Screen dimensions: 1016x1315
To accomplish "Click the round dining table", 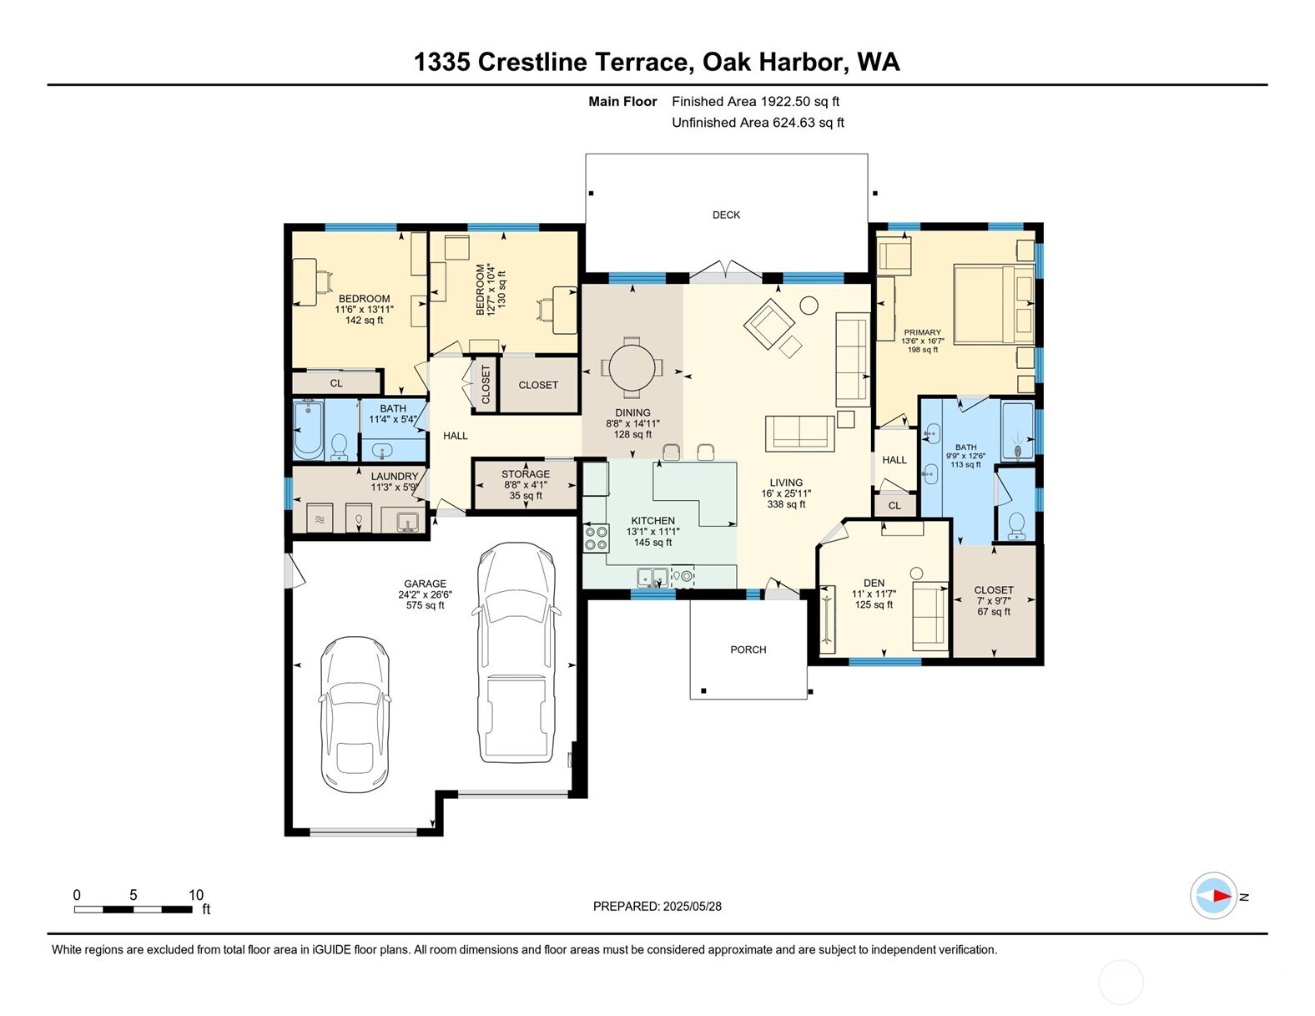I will [x=632, y=367].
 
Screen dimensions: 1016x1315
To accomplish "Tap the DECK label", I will [x=726, y=215].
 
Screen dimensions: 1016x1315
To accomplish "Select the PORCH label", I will [x=748, y=650].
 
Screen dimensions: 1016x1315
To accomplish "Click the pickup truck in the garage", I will [x=516, y=653].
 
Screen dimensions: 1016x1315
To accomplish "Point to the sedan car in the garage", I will [x=355, y=715].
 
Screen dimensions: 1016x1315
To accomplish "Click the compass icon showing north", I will [x=1213, y=896].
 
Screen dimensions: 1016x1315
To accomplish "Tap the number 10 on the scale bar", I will [x=196, y=895].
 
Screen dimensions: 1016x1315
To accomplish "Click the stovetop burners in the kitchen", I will [x=596, y=538].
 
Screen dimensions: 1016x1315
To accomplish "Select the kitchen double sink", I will [x=652, y=577].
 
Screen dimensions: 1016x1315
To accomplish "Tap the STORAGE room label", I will [x=526, y=474].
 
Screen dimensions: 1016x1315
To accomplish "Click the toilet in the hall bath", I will [x=340, y=447].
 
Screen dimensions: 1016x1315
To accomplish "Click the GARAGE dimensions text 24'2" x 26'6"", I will [x=425, y=595].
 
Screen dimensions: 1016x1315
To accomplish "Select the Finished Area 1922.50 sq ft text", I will [x=755, y=102].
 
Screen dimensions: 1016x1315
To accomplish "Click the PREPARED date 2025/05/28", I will [x=692, y=906].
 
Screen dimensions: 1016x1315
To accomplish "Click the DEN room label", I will [x=874, y=583].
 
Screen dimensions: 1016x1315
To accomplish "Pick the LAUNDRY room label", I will [x=395, y=477].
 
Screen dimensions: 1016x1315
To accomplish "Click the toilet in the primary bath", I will [x=1016, y=524].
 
